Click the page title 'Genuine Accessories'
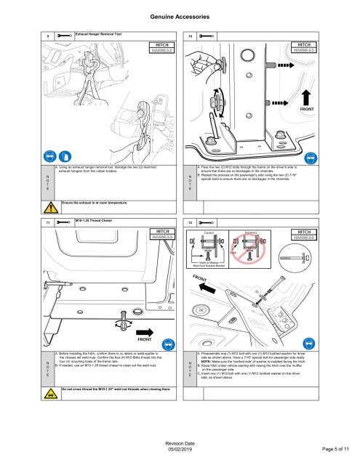pyautogui.click(x=180, y=15)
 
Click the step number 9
pyautogui.click(x=47, y=36)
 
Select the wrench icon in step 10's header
pyautogui.click(x=206, y=36)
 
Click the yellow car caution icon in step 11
pyautogui.click(x=49, y=392)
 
